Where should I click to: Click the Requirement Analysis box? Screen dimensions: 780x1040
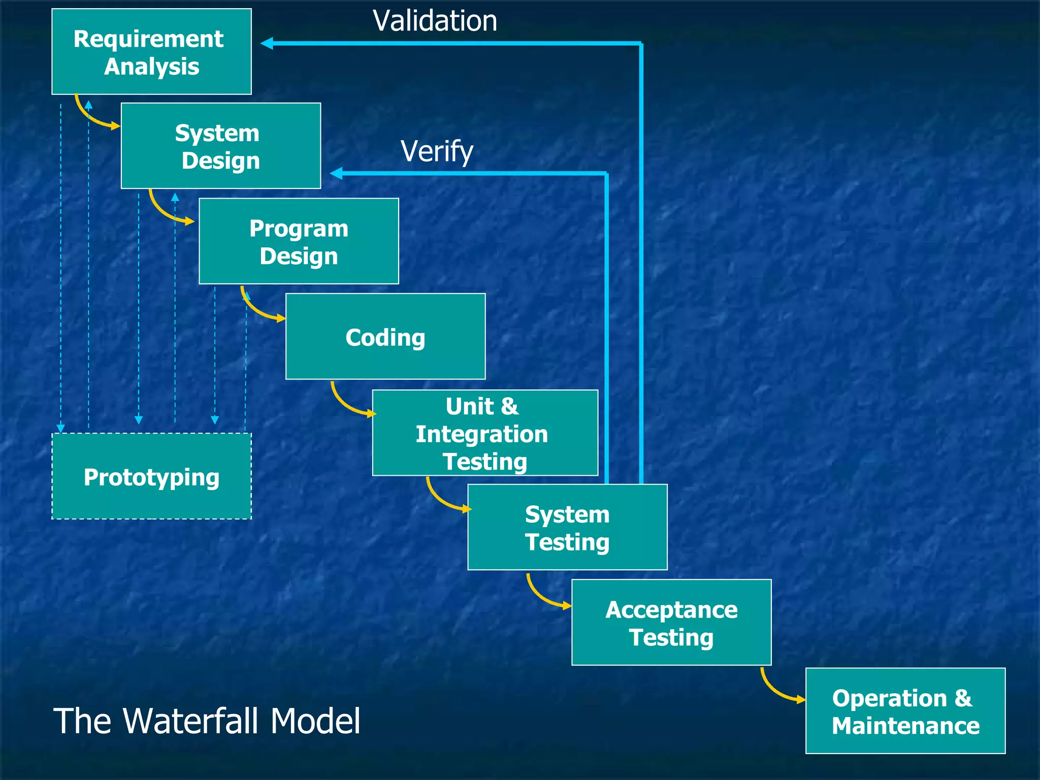pyautogui.click(x=151, y=51)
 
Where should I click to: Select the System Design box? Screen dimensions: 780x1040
pyautogui.click(x=221, y=146)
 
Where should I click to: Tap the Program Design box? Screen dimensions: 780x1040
pyautogui.click(x=299, y=241)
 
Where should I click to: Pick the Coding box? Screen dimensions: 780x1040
pyautogui.click(x=385, y=336)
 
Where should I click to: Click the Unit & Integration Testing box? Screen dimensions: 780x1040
pyautogui.click(x=485, y=433)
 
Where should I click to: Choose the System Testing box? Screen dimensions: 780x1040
pyautogui.click(x=567, y=527)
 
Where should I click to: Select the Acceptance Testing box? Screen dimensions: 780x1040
pyautogui.click(x=671, y=622)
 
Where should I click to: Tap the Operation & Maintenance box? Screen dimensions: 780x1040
pyautogui.click(x=905, y=710)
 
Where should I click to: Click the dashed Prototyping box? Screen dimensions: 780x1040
pyautogui.click(x=151, y=476)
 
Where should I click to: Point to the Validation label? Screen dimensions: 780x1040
pyautogui.click(x=435, y=21)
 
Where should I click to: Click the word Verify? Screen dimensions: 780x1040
pyautogui.click(x=437, y=151)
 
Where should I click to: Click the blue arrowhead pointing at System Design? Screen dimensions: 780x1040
pyautogui.click(x=336, y=174)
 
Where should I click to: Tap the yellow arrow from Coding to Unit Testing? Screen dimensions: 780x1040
pyautogui.click(x=347, y=404)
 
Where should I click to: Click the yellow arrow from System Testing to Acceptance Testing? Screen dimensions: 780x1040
pyautogui.click(x=543, y=595)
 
